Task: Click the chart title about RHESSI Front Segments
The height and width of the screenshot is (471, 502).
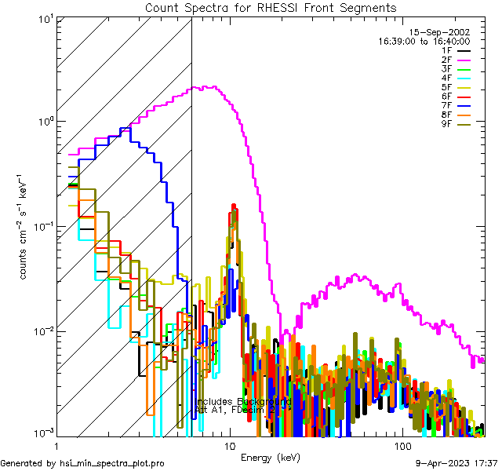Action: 271,8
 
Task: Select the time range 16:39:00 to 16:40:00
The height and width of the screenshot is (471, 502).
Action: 424,41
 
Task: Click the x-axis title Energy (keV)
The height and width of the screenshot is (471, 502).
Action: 270,458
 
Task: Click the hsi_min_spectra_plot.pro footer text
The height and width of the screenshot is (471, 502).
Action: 82,464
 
